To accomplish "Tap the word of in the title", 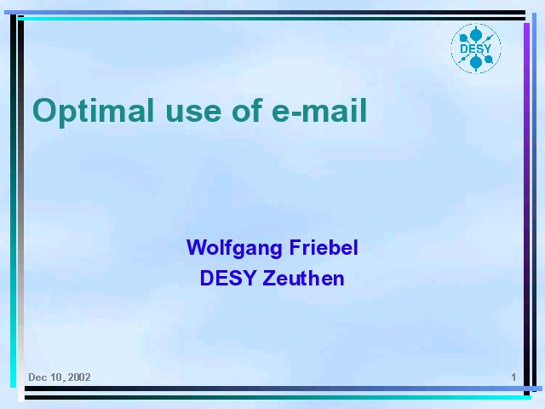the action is [247, 110].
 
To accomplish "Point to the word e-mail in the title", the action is [319, 110].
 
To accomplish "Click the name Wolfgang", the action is [234, 249].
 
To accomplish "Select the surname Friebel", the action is [324, 247].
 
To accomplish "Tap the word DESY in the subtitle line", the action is [228, 279].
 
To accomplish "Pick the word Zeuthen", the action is [303, 279].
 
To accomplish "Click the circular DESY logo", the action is [476, 49].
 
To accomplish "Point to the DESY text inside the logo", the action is [475, 49].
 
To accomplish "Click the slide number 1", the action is [513, 377].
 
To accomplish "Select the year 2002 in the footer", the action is [79, 377].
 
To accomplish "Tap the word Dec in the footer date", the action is [36, 377].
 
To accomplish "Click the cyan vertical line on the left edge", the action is [14, 201].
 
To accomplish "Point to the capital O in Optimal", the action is [44, 110].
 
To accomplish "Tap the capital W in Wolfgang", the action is [197, 247].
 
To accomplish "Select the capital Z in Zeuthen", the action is [269, 279].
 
